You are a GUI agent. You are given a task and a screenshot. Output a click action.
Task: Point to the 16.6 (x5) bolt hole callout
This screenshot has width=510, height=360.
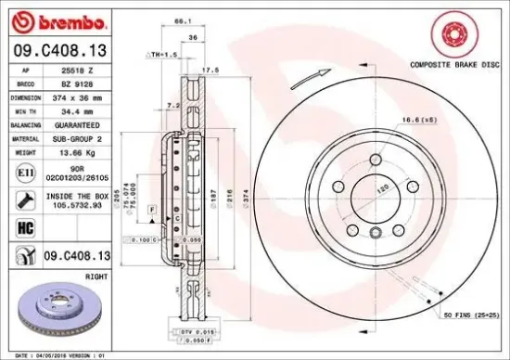click(420, 120)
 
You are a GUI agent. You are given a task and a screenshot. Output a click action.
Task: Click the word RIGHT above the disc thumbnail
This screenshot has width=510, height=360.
click(96, 276)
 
